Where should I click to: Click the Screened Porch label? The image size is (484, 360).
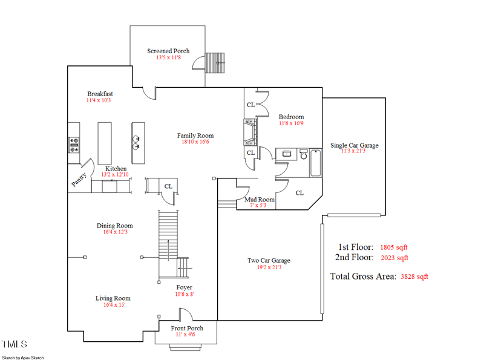click(168, 51)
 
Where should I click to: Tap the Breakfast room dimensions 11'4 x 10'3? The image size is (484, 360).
click(100, 100)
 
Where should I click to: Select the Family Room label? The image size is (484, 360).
click(195, 136)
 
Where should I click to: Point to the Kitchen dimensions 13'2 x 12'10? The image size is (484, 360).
click(116, 175)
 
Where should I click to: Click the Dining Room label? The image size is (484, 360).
click(114, 226)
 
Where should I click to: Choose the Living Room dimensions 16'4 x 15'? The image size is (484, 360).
click(113, 304)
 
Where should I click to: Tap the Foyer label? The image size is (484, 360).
click(185, 287)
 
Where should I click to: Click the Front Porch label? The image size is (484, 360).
click(187, 328)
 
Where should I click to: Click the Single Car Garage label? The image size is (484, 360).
click(354, 145)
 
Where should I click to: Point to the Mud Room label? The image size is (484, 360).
click(259, 199)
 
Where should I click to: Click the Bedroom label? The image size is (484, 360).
click(291, 117)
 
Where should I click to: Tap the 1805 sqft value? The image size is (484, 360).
click(394, 247)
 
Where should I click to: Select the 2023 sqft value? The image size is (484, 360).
click(394, 258)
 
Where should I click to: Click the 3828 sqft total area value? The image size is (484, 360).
click(414, 277)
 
